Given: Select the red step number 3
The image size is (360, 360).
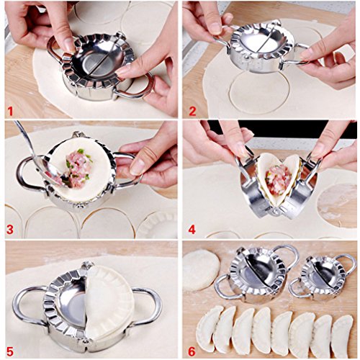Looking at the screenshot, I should click(x=10, y=230).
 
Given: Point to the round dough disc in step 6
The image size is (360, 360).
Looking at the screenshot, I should click(x=201, y=269).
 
